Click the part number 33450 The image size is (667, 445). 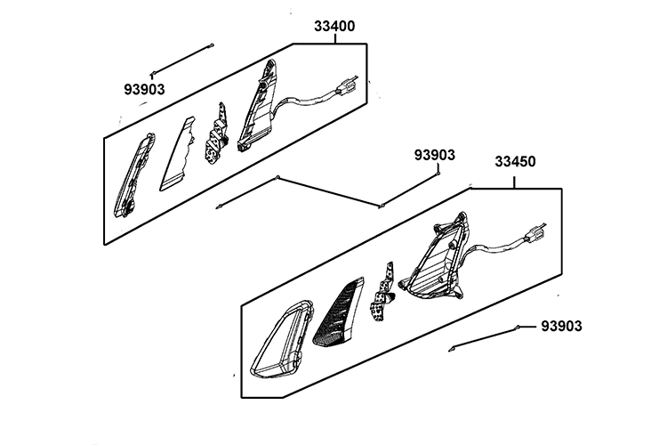516,164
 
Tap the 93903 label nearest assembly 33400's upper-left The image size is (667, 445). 145,89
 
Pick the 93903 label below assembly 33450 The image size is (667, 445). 562,327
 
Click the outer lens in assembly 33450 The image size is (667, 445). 279,339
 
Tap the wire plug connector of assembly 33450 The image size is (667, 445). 535,235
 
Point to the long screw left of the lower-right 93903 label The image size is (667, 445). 485,337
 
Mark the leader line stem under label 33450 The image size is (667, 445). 516,178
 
